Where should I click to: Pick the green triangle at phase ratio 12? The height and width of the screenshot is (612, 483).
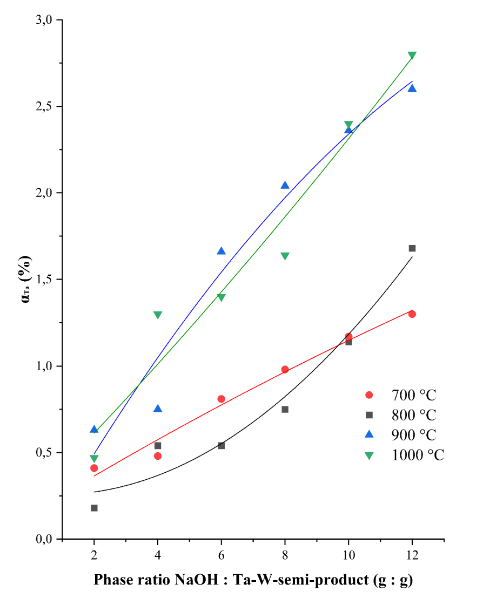(x=412, y=56)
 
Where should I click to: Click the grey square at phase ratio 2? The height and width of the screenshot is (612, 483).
(x=94, y=508)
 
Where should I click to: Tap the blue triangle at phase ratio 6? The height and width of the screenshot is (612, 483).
(x=221, y=251)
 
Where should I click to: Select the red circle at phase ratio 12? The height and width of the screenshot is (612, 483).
(x=412, y=314)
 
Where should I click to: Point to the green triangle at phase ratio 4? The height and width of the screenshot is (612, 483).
(x=158, y=315)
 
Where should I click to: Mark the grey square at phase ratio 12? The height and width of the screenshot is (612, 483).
(x=412, y=248)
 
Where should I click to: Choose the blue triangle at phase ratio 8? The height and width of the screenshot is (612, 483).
(x=285, y=185)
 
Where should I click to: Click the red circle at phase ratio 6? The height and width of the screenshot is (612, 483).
(x=221, y=399)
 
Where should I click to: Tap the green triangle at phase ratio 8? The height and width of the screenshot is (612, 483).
(x=285, y=256)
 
